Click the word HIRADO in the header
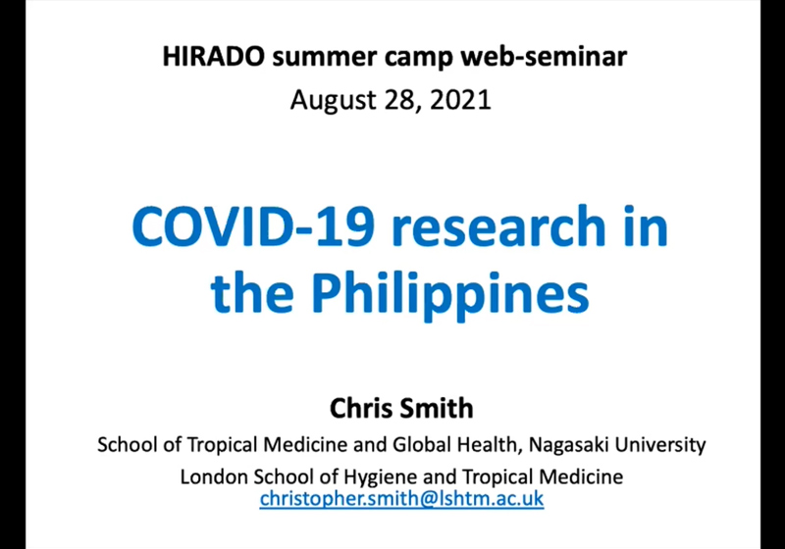pyautogui.click(x=213, y=56)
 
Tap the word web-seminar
pyautogui.click(x=544, y=56)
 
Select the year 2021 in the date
pyautogui.click(x=460, y=99)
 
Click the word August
pyautogui.click(x=334, y=101)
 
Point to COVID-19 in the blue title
pyautogui.click(x=253, y=226)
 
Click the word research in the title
pyautogui.click(x=498, y=226)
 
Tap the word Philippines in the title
pyautogui.click(x=450, y=294)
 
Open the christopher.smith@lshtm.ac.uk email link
pyautogui.click(x=401, y=498)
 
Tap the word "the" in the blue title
pyautogui.click(x=252, y=293)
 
